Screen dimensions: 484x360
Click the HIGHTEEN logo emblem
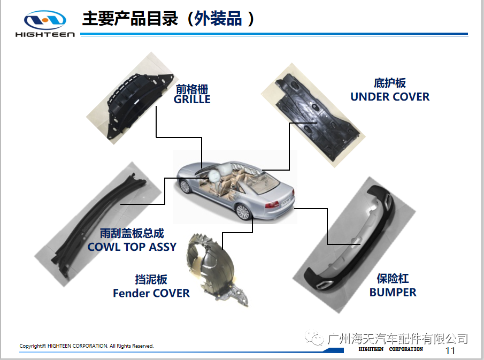[45, 20]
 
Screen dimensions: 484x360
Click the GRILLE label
[192, 99]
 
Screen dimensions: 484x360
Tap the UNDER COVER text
[390, 97]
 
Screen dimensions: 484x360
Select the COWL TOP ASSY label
[132, 247]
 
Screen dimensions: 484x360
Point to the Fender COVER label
[151, 293]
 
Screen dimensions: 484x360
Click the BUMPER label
[393, 292]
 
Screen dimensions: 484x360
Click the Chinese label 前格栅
[192, 89]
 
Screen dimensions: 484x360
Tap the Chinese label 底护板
[390, 83]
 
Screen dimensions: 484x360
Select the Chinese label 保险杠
[393, 279]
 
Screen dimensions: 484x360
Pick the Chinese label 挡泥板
[151, 279]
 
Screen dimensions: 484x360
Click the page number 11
[450, 350]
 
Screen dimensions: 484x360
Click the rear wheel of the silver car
[242, 211]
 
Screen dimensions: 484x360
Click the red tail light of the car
[272, 204]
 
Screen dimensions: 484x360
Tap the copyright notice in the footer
[87, 346]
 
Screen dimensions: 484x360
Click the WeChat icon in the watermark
[314, 338]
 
